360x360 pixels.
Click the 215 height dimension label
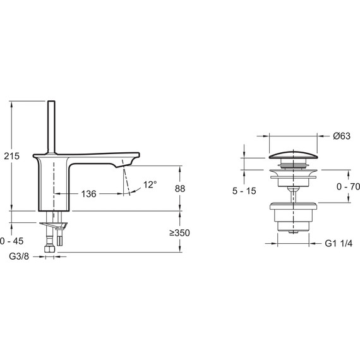click(12, 156)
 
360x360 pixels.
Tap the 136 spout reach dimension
click(89, 194)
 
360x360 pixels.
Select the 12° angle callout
click(150, 184)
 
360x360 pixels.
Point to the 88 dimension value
click(180, 188)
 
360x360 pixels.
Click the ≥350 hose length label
click(179, 233)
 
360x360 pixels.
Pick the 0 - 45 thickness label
click(12, 241)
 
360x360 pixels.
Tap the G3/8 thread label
click(19, 256)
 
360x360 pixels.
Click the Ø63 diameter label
click(342, 136)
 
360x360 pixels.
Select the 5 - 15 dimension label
click(244, 191)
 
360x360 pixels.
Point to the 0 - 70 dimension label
click(348, 187)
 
